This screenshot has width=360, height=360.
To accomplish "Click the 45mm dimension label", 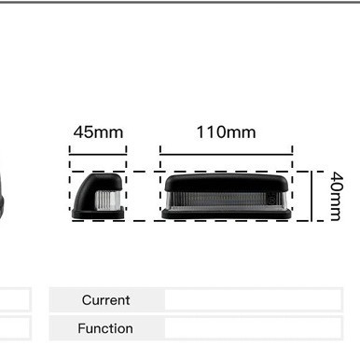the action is [98, 132].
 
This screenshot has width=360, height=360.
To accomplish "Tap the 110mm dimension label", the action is [227, 132].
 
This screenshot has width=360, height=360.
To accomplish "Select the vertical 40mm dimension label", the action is [337, 196].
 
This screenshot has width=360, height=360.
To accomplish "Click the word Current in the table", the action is [106, 300].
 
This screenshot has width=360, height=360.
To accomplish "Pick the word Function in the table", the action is [105, 328].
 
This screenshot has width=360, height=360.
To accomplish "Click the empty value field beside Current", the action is [253, 299].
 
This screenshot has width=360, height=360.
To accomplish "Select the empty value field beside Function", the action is [253, 328].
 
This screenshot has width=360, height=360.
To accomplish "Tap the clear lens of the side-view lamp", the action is [107, 200].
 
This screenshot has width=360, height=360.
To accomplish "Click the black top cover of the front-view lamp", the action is [227, 183].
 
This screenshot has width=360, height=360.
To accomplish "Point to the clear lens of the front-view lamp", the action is [227, 201].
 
